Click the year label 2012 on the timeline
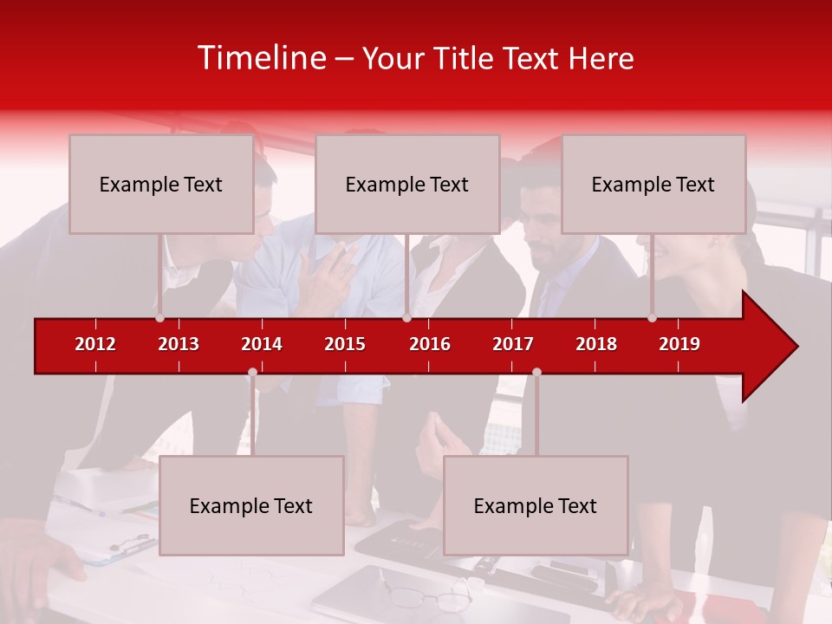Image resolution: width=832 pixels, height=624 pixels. (95, 344)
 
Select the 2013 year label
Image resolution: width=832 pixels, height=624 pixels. (179, 344)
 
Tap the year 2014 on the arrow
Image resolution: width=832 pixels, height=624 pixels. (262, 344)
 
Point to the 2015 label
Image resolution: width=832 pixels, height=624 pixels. (345, 344)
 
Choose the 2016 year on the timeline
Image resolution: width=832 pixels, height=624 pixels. (430, 344)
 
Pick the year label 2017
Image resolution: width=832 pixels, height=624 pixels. (513, 344)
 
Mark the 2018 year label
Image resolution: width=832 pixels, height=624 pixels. (596, 344)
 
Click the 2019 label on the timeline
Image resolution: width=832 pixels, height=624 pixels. (679, 344)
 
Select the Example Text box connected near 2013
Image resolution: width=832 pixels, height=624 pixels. (161, 184)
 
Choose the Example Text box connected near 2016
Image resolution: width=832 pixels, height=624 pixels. (407, 184)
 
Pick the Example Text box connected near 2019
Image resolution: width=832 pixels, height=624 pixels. (653, 184)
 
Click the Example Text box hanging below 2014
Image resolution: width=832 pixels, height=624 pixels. (251, 505)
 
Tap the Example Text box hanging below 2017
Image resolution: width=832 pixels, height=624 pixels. (536, 505)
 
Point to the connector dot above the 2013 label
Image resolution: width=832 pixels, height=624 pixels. (159, 318)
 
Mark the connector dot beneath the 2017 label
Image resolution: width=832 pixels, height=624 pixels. (536, 373)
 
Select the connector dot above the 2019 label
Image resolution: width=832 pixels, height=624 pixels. (652, 318)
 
